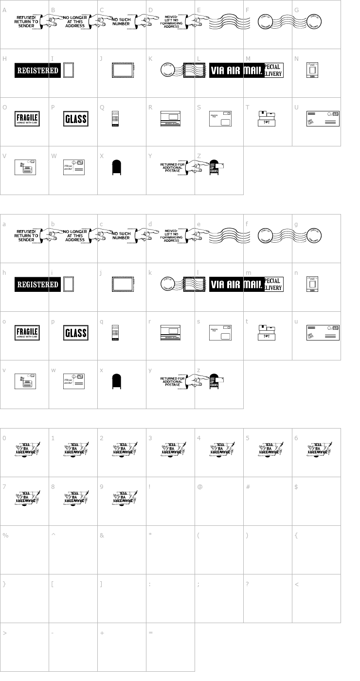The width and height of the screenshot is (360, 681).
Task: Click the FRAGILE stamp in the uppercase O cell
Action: pos(27,119)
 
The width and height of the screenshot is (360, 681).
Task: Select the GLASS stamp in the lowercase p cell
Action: pos(75,333)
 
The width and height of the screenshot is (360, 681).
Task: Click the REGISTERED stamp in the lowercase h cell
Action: pos(37,285)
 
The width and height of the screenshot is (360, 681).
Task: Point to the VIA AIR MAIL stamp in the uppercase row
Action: pos(236,71)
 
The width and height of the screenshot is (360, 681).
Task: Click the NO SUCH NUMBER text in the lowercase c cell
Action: pos(121,235)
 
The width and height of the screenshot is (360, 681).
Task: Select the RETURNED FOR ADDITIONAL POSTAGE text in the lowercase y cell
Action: pos(172,382)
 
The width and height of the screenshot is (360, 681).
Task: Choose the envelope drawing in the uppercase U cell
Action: pos(323,118)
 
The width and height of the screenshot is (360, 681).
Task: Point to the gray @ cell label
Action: pos(199,487)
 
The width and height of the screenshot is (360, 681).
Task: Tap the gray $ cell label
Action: pos(296,487)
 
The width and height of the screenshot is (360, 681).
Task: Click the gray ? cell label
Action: pos(248,584)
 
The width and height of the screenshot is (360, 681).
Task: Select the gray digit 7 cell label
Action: pos(4,487)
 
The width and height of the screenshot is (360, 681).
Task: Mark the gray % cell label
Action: pos(5,536)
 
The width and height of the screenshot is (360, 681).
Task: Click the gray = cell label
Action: pos(151,633)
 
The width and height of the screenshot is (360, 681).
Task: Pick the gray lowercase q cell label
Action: pos(102,322)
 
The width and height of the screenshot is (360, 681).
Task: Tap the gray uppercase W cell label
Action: pos(54,156)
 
